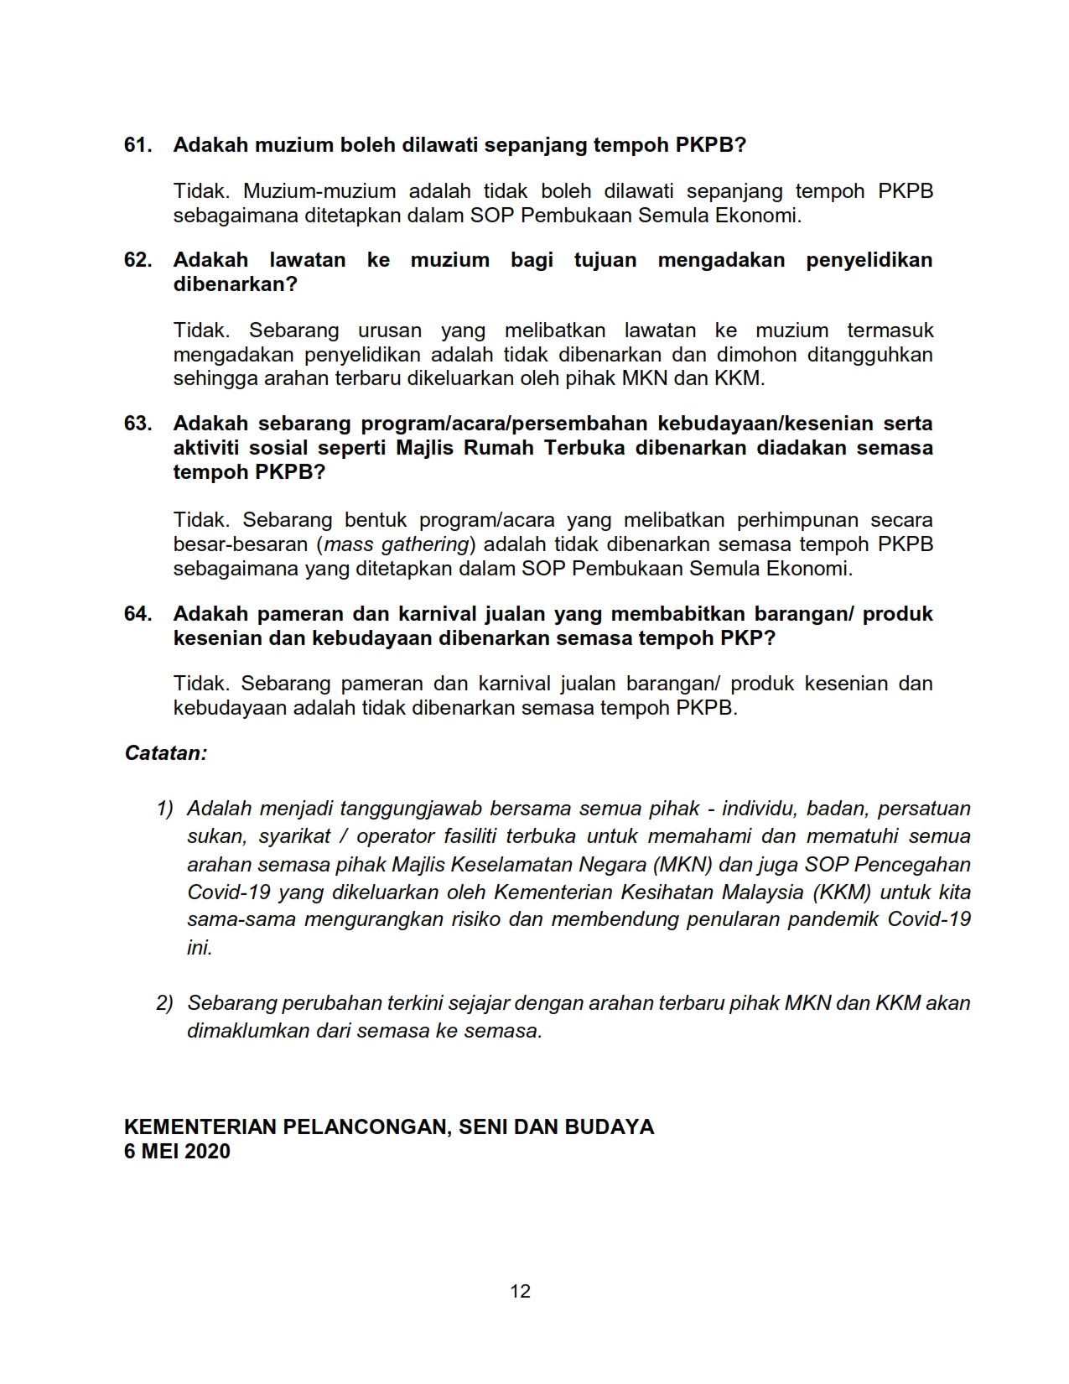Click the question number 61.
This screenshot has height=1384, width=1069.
point(138,145)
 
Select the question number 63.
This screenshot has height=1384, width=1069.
point(138,424)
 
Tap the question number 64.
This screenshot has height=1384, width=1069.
point(138,614)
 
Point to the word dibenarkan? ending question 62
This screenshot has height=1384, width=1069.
point(236,284)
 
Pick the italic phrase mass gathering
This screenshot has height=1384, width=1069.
point(397,544)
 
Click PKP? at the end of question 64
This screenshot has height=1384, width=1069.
point(748,638)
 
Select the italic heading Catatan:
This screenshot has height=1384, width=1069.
point(166,753)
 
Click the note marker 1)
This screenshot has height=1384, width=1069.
point(164,809)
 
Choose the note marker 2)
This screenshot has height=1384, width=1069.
point(164,1003)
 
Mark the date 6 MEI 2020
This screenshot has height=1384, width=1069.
point(177,1152)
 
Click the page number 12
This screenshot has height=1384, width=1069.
point(520,1291)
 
